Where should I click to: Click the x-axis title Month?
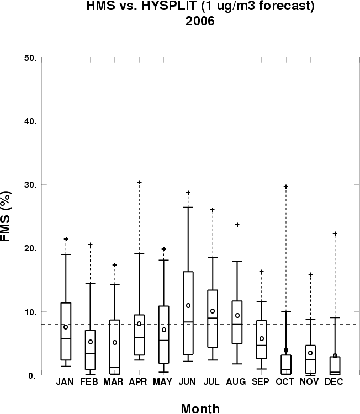pos(200,409)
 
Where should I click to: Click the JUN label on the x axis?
pos(188,381)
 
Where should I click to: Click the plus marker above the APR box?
pos(140,182)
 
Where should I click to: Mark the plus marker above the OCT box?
pos(286,187)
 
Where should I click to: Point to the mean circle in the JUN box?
pos(188,305)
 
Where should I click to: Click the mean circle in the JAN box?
pos(66,327)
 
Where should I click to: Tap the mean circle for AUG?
pos(237,315)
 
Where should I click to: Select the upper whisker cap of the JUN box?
pos(188,207)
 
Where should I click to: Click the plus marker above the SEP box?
pos(262,272)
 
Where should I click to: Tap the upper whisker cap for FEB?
pos(91,283)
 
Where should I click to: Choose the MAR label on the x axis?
pos(115,381)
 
